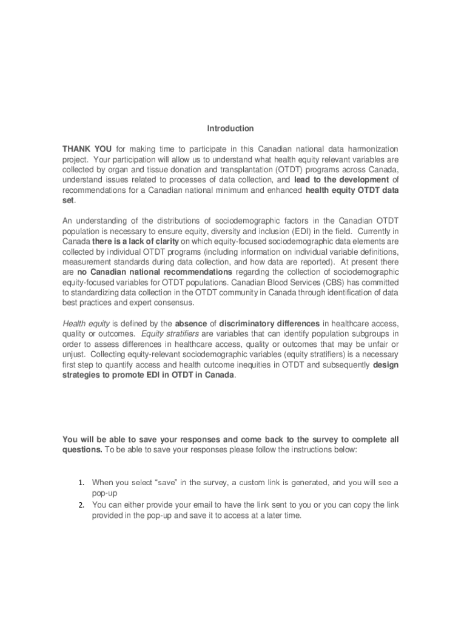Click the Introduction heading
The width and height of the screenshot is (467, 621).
(x=230, y=129)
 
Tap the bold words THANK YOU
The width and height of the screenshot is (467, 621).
(x=87, y=149)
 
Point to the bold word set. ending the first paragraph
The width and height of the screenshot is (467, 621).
(x=69, y=200)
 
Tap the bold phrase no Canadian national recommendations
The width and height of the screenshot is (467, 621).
(x=155, y=272)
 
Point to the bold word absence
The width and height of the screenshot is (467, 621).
(x=191, y=323)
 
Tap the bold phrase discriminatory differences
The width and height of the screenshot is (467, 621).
(x=269, y=323)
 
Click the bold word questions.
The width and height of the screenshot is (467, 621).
(x=82, y=450)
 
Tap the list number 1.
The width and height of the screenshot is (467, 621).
(x=81, y=483)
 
